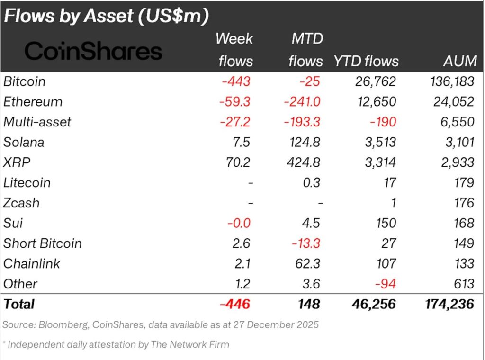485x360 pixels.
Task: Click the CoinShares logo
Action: (93, 51)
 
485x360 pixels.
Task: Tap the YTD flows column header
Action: (366, 61)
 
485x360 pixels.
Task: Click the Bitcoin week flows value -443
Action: (235, 81)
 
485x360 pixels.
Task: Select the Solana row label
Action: (23, 142)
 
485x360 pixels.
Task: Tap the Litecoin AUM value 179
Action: (463, 183)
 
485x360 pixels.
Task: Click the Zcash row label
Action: (21, 203)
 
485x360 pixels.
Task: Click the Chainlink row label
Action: (32, 263)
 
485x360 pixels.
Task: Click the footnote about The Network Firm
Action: (116, 344)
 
